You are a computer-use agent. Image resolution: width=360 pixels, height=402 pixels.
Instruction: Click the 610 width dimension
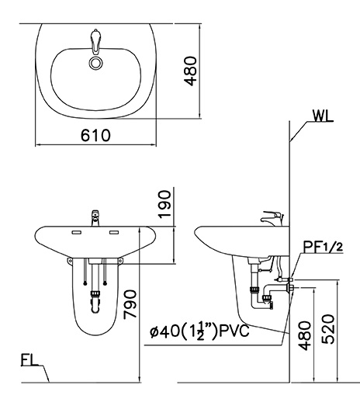95,135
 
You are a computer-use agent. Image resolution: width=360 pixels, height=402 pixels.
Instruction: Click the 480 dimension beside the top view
190,71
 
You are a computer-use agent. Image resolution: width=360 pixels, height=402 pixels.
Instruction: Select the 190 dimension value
165,204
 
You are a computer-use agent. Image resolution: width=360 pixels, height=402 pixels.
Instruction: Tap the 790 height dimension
130,304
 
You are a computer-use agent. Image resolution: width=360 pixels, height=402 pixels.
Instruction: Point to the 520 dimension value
328,329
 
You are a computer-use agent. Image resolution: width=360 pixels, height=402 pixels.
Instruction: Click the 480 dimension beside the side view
304,336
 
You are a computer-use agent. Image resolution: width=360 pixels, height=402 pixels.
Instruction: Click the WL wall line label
323,116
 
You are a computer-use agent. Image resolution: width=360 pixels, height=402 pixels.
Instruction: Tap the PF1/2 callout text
323,247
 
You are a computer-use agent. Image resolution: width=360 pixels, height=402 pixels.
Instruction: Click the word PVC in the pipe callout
234,331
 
